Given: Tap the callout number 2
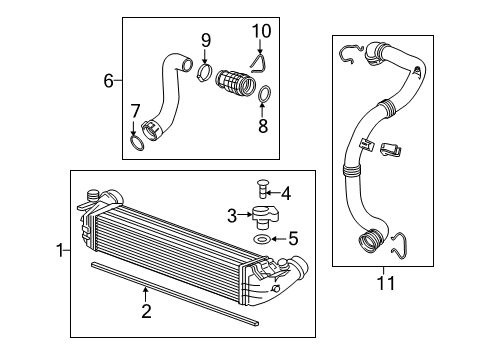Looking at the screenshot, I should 146,313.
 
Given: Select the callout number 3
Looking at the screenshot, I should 230,215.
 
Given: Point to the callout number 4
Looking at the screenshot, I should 285,192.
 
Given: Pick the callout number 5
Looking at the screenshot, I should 292,239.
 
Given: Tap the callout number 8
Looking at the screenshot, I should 264,128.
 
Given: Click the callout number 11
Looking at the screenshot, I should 385,283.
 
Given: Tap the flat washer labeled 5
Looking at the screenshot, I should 259,240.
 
